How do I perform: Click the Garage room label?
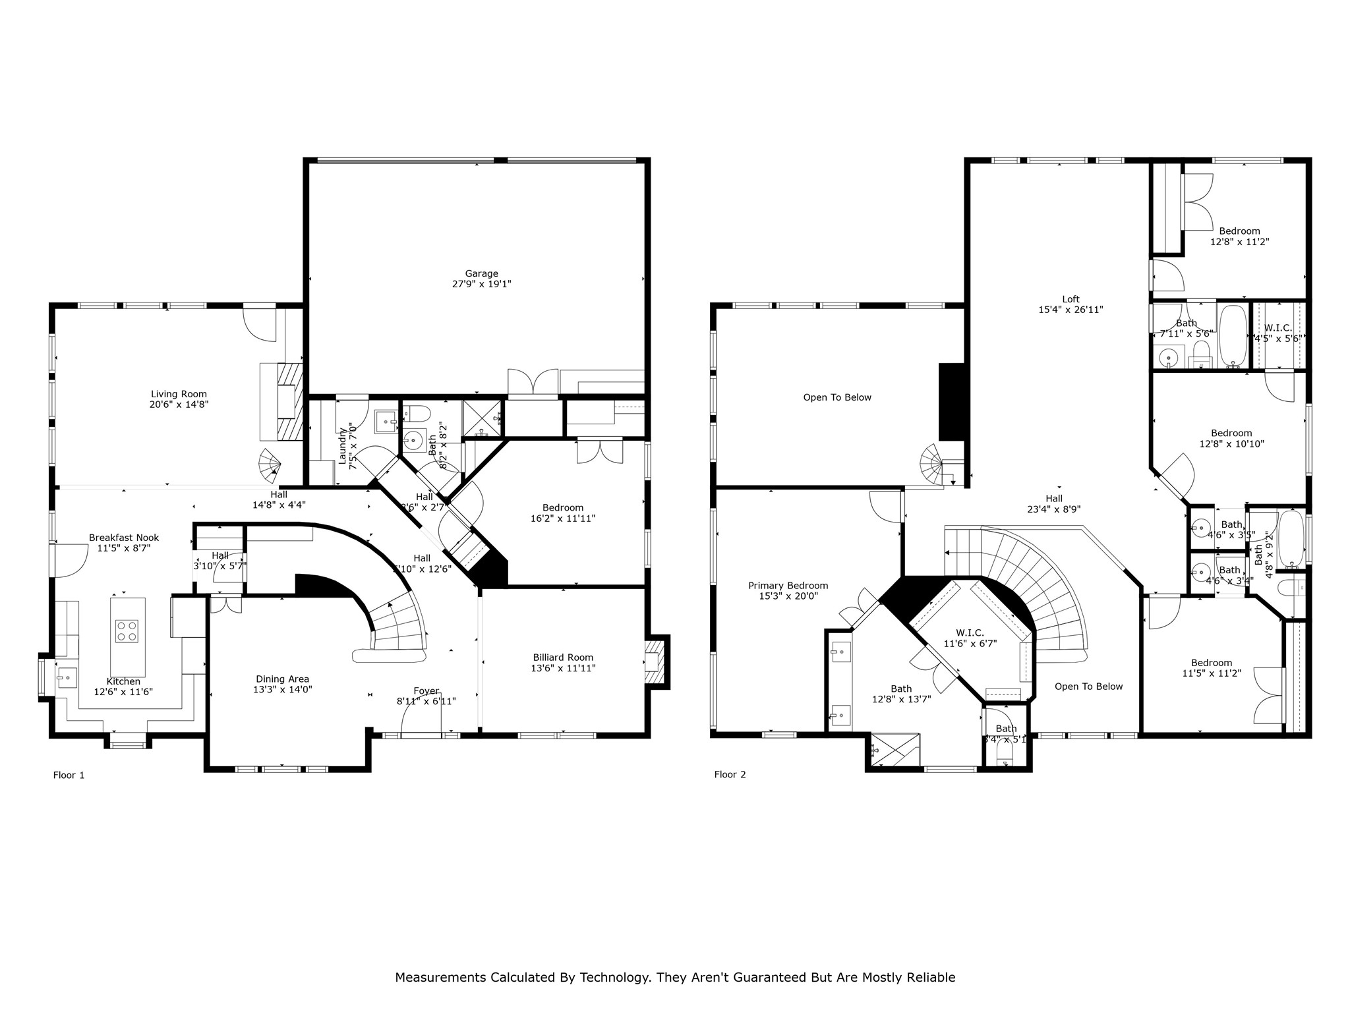481,273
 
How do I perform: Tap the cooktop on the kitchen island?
127,631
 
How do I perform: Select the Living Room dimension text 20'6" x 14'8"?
179,405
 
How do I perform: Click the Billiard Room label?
562,658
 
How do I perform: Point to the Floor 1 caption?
69,775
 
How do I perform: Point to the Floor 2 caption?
730,774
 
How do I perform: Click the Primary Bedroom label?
788,586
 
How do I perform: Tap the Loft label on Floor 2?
1071,299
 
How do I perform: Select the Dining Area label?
282,679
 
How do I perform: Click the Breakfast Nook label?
124,538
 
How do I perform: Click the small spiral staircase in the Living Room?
270,464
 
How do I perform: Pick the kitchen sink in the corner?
65,677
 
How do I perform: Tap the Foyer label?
426,691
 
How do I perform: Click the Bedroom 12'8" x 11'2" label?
1239,231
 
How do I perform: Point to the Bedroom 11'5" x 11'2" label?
1211,663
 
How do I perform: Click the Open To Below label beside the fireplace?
836,397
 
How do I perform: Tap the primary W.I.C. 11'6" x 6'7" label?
964,633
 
